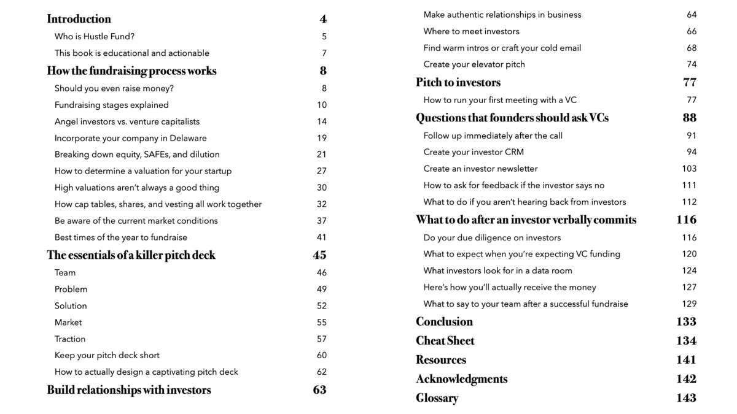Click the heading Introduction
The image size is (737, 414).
(x=79, y=19)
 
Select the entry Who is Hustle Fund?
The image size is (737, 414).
(x=95, y=37)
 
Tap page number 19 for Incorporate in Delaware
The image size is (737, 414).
(x=322, y=138)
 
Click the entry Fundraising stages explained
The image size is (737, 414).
(x=112, y=105)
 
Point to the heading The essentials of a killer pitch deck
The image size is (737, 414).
(x=131, y=255)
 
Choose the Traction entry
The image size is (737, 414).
(x=70, y=339)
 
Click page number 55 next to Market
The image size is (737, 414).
(x=322, y=322)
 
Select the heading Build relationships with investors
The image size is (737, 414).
(x=129, y=390)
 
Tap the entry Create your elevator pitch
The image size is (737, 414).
(x=474, y=64)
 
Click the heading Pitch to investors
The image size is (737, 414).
(x=458, y=82)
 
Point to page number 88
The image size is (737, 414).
(x=689, y=118)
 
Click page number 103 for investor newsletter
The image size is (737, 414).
(x=689, y=169)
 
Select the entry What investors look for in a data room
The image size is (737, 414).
(x=497, y=270)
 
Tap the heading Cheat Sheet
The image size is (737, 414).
(x=445, y=341)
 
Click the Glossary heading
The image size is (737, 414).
(x=437, y=398)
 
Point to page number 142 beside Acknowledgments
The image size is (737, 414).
(x=686, y=379)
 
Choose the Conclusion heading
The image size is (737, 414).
(x=444, y=322)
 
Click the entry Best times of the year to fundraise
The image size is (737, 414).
(x=121, y=237)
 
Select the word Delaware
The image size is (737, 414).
(x=186, y=138)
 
